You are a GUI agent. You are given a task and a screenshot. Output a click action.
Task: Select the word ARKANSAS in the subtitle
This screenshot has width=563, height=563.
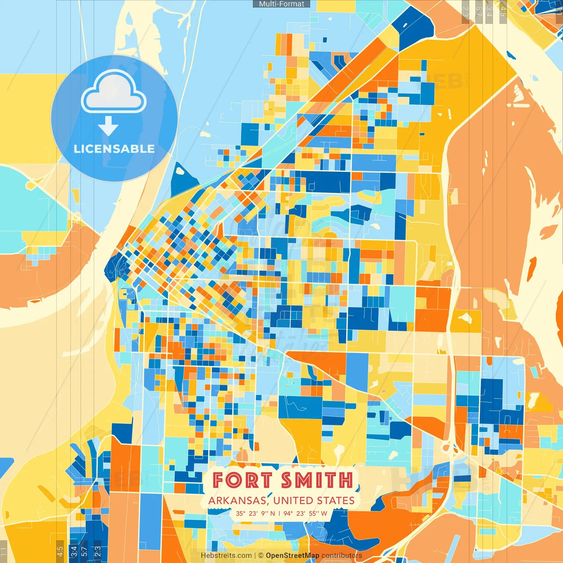coord(237,501)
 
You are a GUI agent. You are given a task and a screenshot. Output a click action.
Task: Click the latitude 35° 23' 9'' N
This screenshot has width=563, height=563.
coord(255,513)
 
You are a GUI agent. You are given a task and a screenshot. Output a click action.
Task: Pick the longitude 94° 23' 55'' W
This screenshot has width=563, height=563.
coord(305,513)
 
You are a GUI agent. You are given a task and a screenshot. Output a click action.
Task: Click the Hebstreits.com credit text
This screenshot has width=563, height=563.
coord(226,556)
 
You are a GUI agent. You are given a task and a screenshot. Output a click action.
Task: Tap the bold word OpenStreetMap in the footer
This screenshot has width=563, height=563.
coord(292,556)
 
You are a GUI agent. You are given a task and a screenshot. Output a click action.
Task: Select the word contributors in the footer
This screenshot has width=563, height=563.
coord(342,556)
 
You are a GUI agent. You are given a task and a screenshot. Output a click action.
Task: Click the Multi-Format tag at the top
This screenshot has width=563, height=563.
coord(281,4)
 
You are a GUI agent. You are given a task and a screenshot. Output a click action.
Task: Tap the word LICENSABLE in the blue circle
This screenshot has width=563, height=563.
coord(114,149)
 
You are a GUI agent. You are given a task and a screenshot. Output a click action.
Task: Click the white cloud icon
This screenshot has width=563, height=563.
coord(114,92)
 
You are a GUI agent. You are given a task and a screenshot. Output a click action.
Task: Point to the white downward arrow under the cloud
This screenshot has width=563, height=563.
coord(108,126)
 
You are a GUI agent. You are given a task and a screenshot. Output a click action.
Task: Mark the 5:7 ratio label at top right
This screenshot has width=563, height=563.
coord(479,11)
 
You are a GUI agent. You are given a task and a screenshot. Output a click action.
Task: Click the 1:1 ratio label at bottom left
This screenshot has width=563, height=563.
coord(4,551)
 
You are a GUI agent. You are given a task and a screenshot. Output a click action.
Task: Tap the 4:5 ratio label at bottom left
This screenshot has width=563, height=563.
coord(60,551)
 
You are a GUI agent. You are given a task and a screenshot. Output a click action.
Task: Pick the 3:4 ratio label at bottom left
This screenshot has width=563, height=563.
coord(74,551)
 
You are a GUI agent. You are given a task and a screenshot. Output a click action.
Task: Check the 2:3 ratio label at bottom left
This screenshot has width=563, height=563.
coord(97,551)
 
